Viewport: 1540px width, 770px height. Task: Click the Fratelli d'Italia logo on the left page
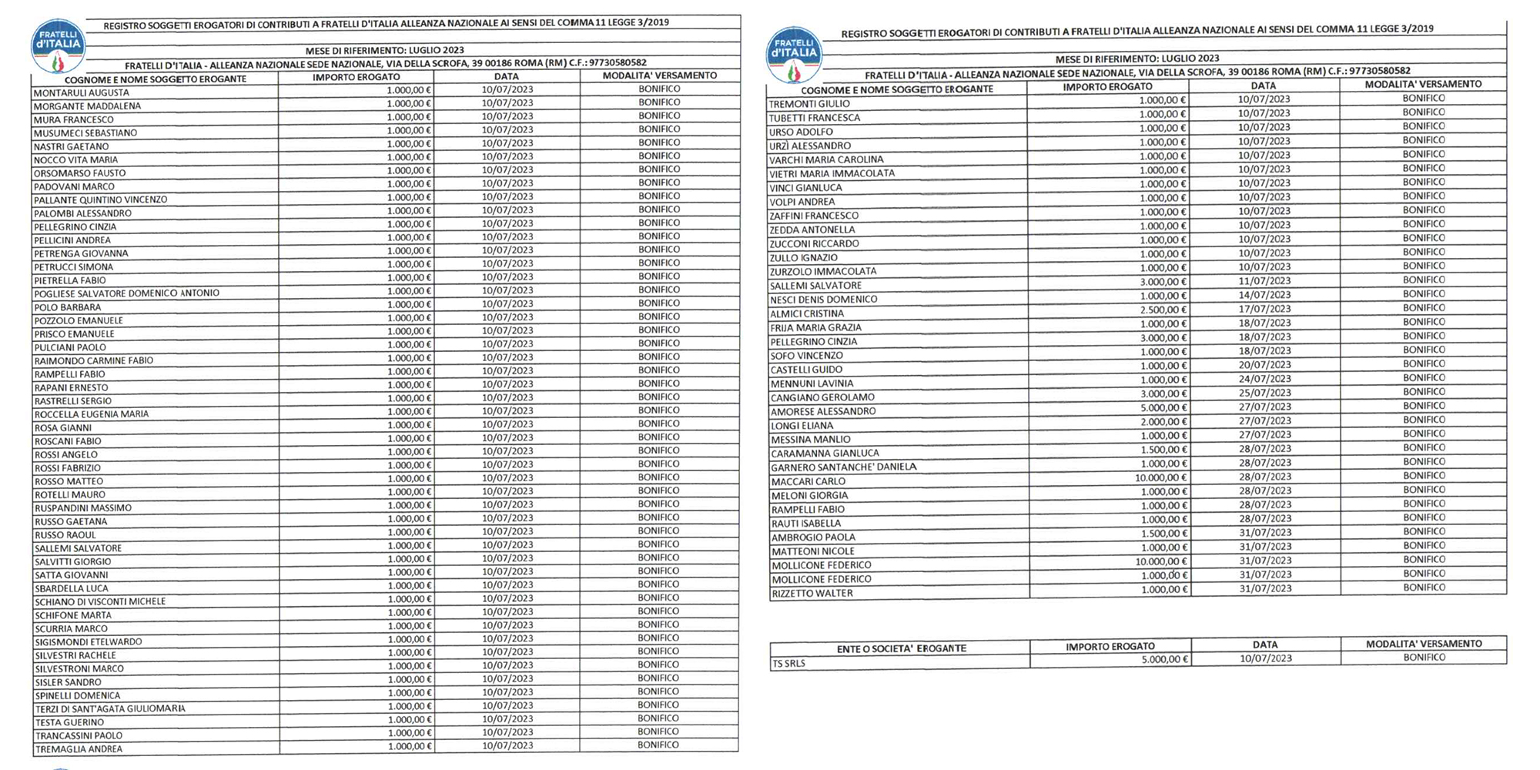click(58, 46)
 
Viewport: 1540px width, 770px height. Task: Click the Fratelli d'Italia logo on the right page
click(794, 55)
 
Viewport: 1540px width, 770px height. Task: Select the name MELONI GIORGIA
click(809, 496)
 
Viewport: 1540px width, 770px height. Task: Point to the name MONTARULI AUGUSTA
click(81, 93)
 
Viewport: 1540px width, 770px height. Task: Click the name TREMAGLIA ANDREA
click(79, 749)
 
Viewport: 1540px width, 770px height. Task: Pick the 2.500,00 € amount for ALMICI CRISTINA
click(1163, 310)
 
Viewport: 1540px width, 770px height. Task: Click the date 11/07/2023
click(1264, 281)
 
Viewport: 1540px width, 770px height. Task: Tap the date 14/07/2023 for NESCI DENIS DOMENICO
click(1264, 295)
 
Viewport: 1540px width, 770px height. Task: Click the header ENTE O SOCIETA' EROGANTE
click(901, 648)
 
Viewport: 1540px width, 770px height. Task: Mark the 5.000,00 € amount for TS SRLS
click(1164, 659)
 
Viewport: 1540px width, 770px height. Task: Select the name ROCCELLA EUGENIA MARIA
click(92, 414)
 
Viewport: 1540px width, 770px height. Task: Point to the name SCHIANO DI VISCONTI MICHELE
click(100, 602)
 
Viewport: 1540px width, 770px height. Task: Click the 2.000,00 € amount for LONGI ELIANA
click(1163, 422)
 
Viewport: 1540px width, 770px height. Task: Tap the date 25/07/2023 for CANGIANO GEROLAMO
click(1264, 393)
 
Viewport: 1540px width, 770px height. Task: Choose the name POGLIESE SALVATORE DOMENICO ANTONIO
click(127, 293)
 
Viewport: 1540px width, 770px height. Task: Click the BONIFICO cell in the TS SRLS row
click(1424, 658)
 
